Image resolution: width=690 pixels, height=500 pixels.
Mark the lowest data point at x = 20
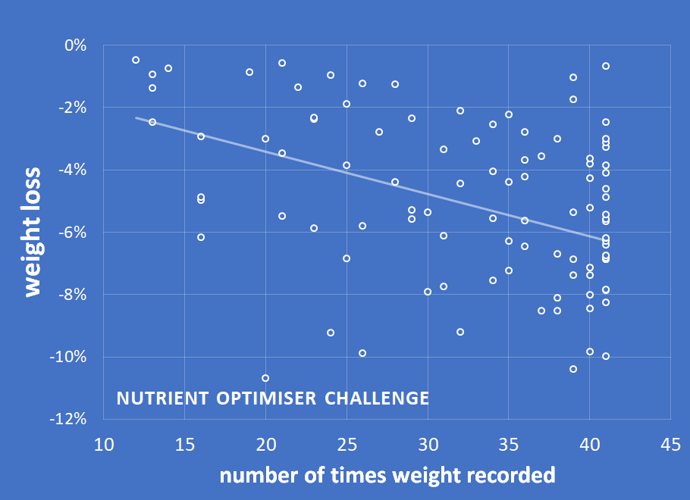(265, 378)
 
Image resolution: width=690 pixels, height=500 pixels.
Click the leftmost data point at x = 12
(136, 60)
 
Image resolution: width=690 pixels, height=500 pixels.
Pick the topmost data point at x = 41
(606, 66)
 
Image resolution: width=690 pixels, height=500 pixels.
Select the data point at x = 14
(168, 68)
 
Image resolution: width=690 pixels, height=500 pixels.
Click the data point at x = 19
(249, 72)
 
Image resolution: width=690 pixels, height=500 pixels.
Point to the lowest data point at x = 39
(573, 369)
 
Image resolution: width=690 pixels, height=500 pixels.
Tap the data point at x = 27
(379, 132)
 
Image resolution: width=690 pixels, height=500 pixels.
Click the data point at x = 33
(476, 141)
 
